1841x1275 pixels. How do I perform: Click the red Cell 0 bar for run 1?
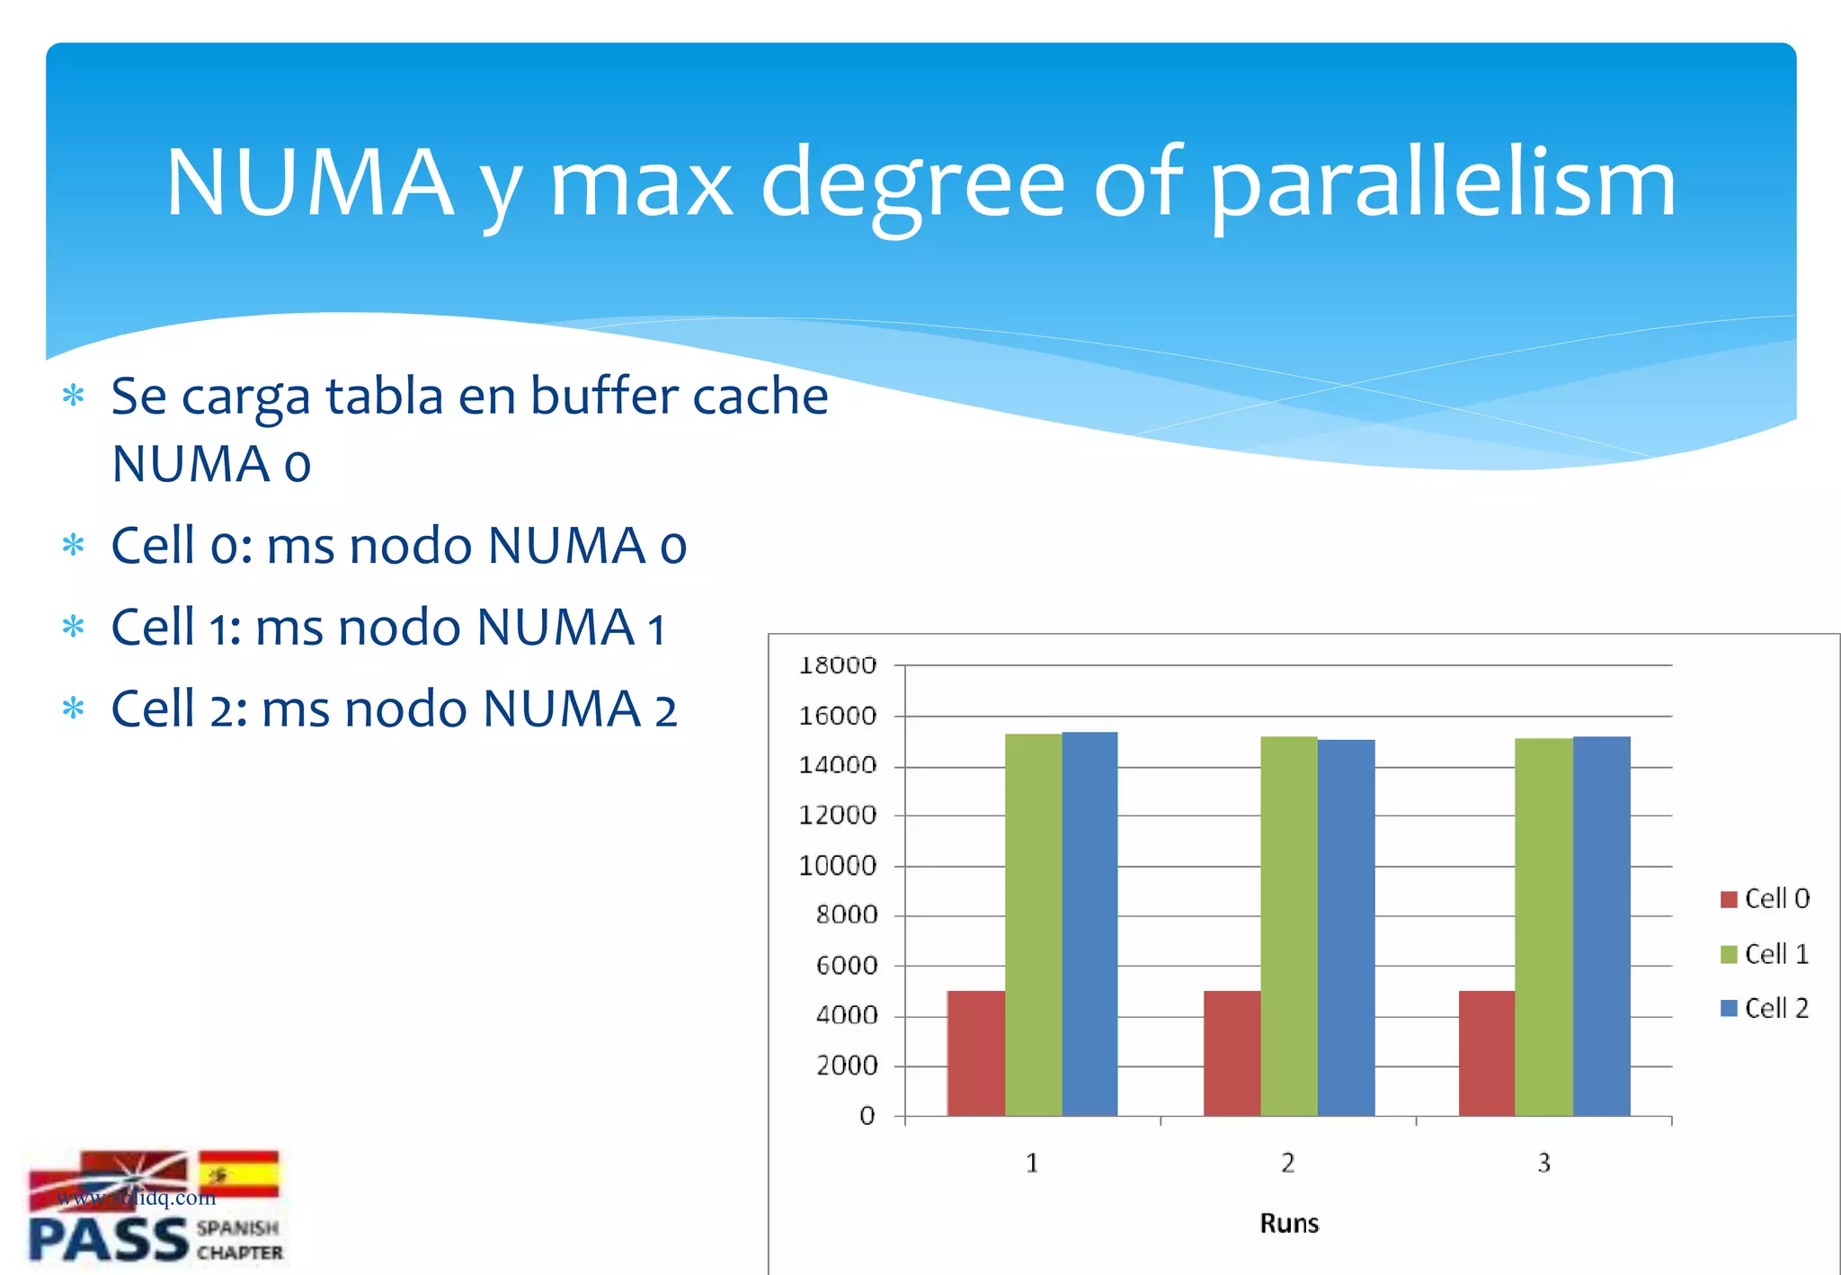pyautogui.click(x=975, y=1053)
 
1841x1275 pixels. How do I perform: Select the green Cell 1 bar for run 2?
pyautogui.click(x=1288, y=926)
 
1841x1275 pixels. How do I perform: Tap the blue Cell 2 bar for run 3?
pyautogui.click(x=1601, y=926)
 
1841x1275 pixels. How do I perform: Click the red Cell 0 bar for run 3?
pyautogui.click(x=1486, y=1053)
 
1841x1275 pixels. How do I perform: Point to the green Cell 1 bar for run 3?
pyautogui.click(x=1543, y=927)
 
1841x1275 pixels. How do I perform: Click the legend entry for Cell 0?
pyautogui.click(x=1765, y=898)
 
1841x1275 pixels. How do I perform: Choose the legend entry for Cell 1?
pyautogui.click(x=1765, y=954)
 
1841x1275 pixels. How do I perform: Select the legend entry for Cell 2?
pyautogui.click(x=1765, y=1008)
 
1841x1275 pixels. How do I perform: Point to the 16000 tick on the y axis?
pyautogui.click(x=837, y=717)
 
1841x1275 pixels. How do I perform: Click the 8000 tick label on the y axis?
pyautogui.click(x=846, y=915)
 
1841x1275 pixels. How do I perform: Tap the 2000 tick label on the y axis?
pyautogui.click(x=846, y=1066)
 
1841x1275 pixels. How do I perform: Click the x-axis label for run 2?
pyautogui.click(x=1287, y=1164)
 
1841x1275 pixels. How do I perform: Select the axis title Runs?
pyautogui.click(x=1288, y=1224)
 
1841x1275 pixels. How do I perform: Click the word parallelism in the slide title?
pyautogui.click(x=1442, y=184)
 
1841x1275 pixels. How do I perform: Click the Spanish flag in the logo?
pyautogui.click(x=238, y=1173)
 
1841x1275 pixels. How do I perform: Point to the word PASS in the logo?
pyautogui.click(x=108, y=1241)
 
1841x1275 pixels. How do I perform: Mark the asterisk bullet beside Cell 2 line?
pyautogui.click(x=74, y=709)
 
